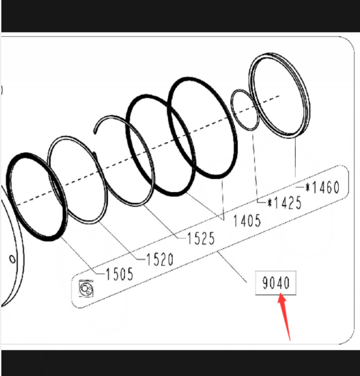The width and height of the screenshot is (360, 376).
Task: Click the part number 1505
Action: click(x=120, y=274)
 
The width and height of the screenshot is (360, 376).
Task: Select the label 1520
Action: click(x=160, y=260)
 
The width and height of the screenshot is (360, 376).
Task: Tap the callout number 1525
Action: click(x=201, y=239)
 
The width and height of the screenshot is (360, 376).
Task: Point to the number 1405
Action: click(x=247, y=221)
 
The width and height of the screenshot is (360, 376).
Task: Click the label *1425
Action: click(x=284, y=203)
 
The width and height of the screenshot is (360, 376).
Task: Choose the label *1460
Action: click(x=322, y=187)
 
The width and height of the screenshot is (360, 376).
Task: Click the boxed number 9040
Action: click(x=276, y=283)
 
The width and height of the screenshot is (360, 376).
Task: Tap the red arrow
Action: click(x=285, y=317)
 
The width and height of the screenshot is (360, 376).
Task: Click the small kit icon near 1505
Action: click(x=86, y=288)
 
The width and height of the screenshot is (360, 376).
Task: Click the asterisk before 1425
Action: click(x=270, y=203)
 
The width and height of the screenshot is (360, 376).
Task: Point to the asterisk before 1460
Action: click(x=308, y=187)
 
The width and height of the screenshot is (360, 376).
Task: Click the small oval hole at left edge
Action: click(x=12, y=259)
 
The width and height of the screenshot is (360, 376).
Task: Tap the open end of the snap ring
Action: click(x=94, y=132)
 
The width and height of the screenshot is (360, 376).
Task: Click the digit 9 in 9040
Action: click(x=266, y=283)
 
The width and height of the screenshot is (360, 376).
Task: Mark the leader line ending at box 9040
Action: click(x=232, y=267)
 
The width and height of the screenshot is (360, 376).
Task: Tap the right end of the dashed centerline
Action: click(x=279, y=96)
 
